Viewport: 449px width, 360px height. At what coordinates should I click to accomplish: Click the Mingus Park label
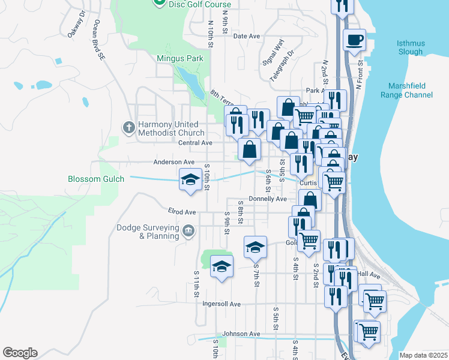(180, 59)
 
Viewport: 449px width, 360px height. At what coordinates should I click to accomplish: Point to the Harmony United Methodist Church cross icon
(128, 127)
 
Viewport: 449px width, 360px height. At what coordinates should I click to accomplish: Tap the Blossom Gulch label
(96, 179)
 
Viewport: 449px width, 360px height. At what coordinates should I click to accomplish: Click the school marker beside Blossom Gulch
(190, 179)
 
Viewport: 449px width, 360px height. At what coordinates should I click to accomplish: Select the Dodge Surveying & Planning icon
(188, 231)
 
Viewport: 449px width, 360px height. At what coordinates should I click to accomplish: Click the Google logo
(20, 353)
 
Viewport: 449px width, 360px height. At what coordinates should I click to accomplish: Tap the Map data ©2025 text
(424, 355)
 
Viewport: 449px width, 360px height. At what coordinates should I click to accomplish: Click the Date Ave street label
(246, 36)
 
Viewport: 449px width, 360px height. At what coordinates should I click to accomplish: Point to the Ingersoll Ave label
(221, 304)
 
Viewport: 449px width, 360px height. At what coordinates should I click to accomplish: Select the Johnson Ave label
(241, 334)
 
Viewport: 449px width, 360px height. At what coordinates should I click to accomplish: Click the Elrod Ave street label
(182, 212)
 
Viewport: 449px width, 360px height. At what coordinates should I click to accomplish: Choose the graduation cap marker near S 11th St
(221, 266)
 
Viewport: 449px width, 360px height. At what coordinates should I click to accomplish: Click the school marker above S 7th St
(255, 247)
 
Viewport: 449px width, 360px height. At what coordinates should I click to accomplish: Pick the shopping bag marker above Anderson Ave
(249, 149)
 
